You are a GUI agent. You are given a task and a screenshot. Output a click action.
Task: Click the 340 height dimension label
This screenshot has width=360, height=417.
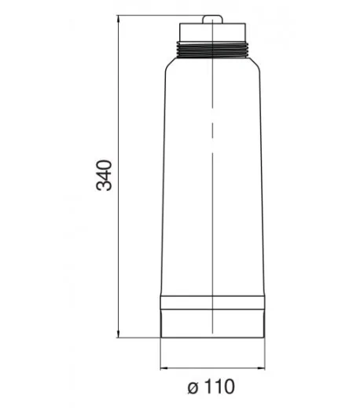click(104, 175)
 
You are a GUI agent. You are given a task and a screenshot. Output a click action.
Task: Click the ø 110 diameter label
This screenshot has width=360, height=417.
click(211, 386)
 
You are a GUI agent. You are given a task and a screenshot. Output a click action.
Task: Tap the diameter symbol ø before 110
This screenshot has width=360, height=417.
click(193, 388)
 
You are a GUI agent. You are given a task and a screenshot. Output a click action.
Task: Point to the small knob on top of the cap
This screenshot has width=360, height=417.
click(212, 20)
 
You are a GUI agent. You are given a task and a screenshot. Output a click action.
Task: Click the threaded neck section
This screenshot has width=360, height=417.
click(212, 49)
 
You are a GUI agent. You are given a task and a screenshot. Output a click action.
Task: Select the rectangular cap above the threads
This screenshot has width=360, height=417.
click(212, 32)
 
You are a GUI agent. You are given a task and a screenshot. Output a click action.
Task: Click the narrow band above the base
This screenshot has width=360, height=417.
click(212, 302)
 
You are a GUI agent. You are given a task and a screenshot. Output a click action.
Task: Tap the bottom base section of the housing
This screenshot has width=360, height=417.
click(212, 324)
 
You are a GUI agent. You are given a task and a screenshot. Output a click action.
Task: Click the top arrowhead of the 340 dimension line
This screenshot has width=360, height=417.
click(118, 19)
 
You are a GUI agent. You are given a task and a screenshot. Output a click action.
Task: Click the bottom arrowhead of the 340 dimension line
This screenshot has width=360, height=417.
click(118, 334)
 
